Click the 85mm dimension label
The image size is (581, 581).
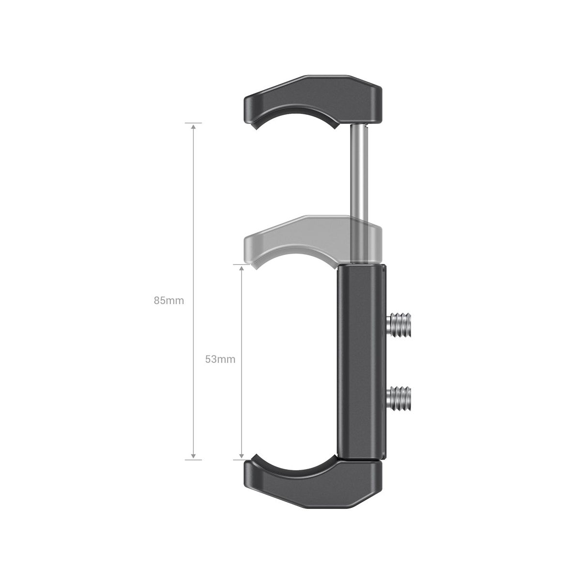coord(169,301)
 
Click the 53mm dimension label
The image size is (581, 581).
coord(220,359)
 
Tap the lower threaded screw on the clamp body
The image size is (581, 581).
coord(399,398)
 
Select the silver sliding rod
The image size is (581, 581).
coord(359,193)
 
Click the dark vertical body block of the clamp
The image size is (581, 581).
coord(362,366)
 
